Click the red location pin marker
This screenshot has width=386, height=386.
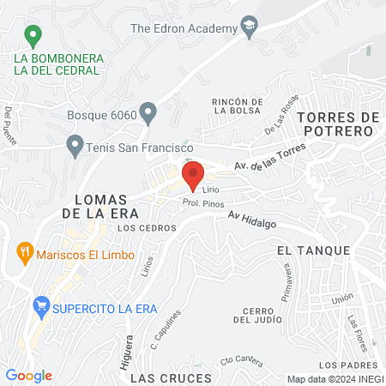[192, 175]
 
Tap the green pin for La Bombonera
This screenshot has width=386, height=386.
[33, 36]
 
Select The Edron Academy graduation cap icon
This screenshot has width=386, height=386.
[250, 27]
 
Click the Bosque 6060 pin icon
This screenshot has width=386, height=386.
[148, 112]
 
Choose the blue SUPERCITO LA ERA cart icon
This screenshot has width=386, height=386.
[39, 305]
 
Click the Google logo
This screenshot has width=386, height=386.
[28, 375]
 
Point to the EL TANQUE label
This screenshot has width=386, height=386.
[313, 250]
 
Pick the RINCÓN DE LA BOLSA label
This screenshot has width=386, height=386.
[235, 106]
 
